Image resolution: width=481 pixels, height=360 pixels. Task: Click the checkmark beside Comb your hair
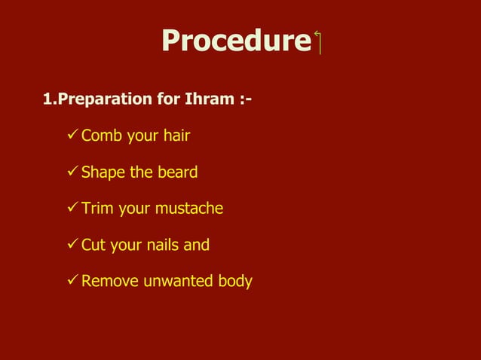pyautogui.click(x=72, y=136)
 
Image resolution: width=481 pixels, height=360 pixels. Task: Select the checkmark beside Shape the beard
pyautogui.click(x=72, y=172)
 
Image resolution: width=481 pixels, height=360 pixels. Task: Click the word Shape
pyautogui.click(x=103, y=172)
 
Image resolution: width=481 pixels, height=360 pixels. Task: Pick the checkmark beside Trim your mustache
pyautogui.click(x=72, y=208)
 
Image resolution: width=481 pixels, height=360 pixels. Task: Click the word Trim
pyautogui.click(x=97, y=208)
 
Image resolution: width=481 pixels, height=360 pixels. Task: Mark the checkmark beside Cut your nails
pyautogui.click(x=72, y=244)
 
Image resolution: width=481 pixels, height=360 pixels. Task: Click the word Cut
pyautogui.click(x=93, y=245)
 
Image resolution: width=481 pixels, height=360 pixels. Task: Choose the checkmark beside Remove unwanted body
pyautogui.click(x=72, y=281)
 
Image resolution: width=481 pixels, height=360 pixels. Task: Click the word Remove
pyautogui.click(x=109, y=282)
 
